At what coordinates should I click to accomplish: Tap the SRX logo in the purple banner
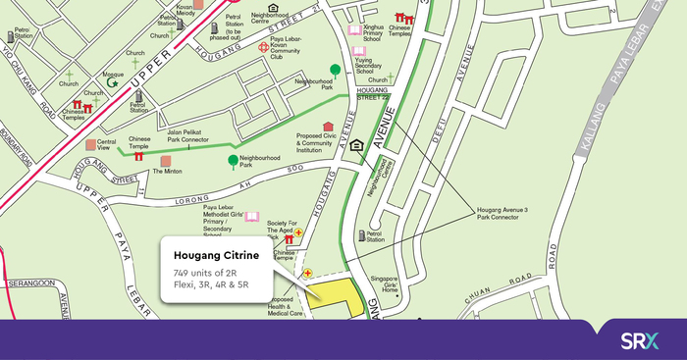coord(640,340)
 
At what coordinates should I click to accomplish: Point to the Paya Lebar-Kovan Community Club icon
coord(261,47)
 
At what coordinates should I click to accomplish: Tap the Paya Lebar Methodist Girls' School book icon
coord(252,217)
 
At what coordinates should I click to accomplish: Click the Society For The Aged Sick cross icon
coord(299,232)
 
